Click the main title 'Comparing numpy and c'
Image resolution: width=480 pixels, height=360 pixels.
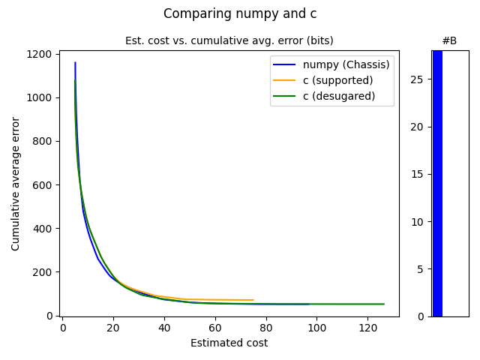240,13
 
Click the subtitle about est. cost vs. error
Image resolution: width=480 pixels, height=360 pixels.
229,40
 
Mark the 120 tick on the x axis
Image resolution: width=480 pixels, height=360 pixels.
367,328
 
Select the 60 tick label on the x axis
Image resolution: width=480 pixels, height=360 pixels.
215,328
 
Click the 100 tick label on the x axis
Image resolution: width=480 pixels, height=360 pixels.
316,328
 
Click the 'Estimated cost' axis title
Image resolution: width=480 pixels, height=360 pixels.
229,343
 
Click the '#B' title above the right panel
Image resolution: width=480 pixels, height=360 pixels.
449,40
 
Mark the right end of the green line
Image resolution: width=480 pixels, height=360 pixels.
383,304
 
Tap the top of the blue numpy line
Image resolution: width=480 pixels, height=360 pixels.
75,63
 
